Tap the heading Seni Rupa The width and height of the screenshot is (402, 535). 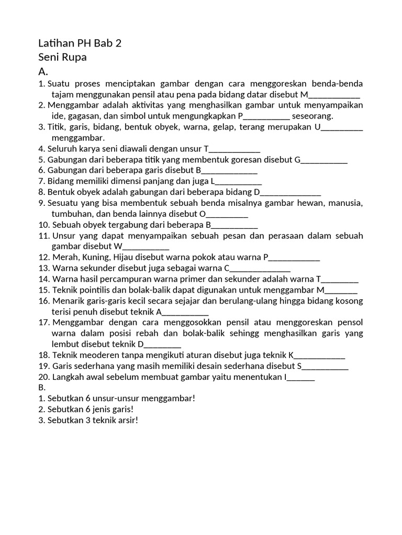click(x=62, y=57)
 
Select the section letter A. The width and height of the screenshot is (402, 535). click(x=43, y=72)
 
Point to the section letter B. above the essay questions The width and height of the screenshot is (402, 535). click(x=42, y=388)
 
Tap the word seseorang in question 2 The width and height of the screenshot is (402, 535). click(x=312, y=116)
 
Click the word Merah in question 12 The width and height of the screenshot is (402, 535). click(x=64, y=257)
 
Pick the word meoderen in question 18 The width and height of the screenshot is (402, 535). click(x=97, y=355)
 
